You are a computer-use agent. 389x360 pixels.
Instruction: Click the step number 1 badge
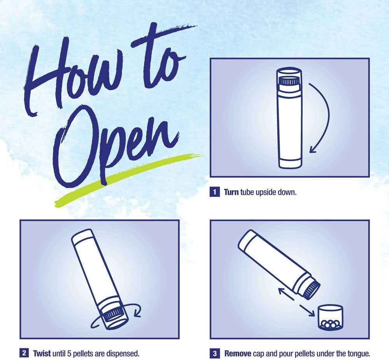[215, 192]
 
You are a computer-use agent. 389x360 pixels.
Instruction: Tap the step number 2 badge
[24, 353]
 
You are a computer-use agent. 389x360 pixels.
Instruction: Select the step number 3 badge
[215, 353]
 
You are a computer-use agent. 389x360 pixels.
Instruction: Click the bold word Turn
[231, 192]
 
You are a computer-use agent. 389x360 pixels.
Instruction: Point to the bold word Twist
[42, 353]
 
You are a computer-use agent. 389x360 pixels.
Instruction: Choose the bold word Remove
[238, 353]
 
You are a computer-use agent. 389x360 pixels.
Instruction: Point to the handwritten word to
[159, 57]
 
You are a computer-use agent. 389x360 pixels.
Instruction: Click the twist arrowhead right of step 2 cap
[137, 315]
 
